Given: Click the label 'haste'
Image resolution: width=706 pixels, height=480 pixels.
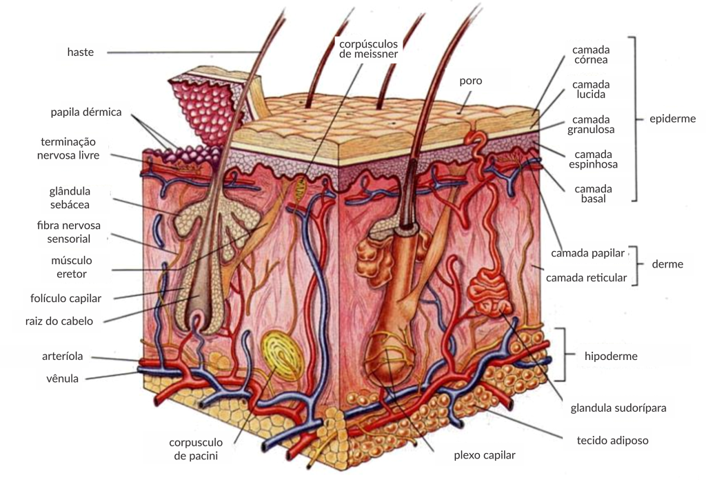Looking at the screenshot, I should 81,52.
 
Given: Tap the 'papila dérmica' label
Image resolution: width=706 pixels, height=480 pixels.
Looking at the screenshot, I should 86,112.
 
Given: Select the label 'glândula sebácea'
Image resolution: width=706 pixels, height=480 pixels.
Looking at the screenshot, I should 70,197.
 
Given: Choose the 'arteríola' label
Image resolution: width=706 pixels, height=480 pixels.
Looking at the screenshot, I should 63,357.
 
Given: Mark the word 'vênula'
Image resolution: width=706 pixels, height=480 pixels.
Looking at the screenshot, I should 62,379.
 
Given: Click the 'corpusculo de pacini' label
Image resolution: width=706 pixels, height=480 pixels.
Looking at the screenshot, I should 197,448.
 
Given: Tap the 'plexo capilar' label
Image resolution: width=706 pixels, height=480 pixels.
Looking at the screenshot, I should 484,455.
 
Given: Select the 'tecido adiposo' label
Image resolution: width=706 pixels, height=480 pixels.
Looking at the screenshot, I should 612,440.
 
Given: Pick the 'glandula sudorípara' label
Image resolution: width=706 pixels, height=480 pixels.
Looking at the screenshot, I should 618,408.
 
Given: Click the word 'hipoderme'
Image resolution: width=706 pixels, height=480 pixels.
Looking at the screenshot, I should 611,357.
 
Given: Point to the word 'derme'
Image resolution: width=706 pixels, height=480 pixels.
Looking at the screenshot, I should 667,264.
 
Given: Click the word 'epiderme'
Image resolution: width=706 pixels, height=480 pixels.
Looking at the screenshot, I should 673,119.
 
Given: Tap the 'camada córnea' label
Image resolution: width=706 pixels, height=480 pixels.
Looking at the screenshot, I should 591,54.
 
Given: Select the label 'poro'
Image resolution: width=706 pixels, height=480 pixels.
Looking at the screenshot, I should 471,81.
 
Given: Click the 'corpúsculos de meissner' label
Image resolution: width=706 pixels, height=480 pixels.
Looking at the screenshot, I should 368,48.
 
